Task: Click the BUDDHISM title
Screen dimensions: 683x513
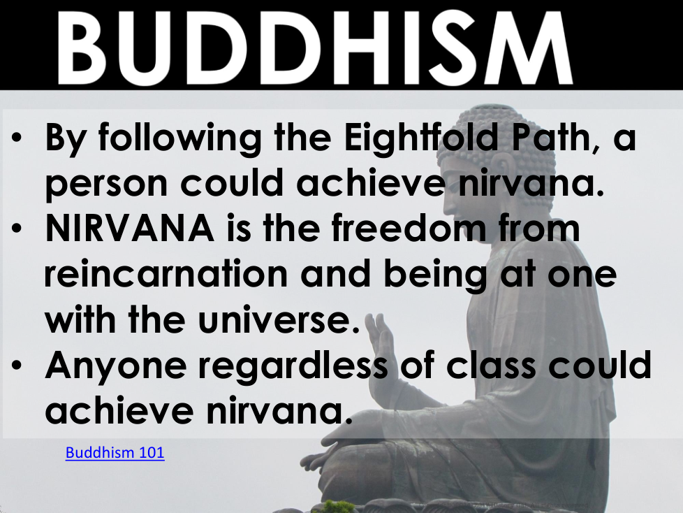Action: [x=314, y=47]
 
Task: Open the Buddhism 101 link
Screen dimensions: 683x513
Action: [x=115, y=452]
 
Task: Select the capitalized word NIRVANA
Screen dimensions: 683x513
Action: [x=130, y=229]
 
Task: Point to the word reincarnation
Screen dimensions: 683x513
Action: [x=166, y=274]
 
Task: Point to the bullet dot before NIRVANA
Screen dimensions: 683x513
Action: [x=17, y=228]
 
